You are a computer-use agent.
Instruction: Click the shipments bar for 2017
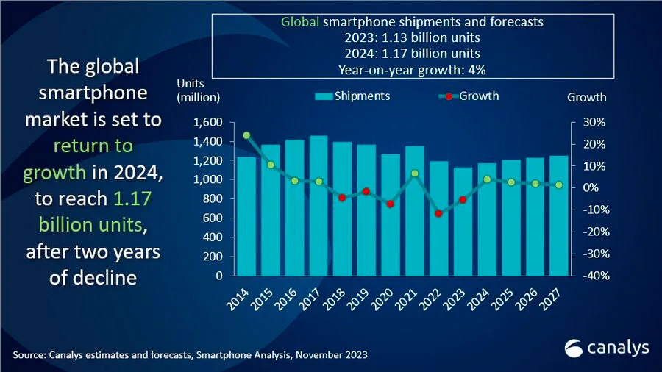coord(318,205)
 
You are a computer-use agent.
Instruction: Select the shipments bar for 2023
coord(463,221)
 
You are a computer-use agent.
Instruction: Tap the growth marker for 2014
coord(246,135)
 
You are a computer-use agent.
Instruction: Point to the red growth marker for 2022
coord(438,214)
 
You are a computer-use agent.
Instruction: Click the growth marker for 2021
coord(415,174)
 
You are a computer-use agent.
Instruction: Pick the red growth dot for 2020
coord(391,204)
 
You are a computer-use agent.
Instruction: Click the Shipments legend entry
coord(352,96)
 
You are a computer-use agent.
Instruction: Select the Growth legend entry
coord(469,96)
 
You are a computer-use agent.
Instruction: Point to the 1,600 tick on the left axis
coord(207,122)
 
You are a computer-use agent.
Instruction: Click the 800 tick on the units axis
coord(213,198)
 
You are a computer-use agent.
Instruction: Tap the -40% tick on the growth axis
coord(596,276)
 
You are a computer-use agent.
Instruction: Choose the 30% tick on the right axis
coord(594,122)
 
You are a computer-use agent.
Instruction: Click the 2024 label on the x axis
coord(478,299)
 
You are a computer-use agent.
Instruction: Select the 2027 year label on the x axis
coord(550,299)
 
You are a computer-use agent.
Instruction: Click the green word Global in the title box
coord(300,22)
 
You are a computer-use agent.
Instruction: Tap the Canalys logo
coord(607,348)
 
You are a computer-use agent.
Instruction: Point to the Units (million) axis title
coord(198,90)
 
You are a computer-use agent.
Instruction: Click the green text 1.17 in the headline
coord(132,198)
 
